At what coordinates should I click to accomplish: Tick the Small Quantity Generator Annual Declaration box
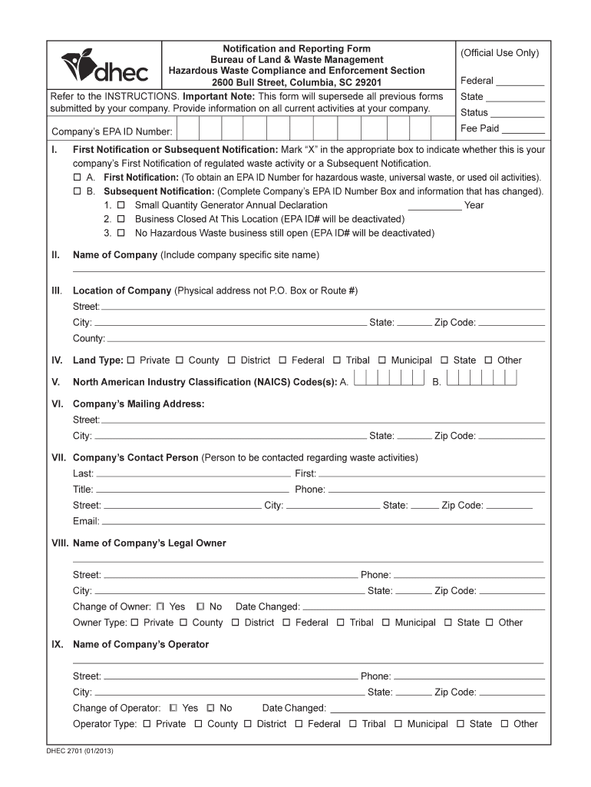(121, 205)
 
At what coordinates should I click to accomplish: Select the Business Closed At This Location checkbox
(121, 219)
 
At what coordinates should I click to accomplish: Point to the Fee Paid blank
(523, 130)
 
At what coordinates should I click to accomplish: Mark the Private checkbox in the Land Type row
(130, 360)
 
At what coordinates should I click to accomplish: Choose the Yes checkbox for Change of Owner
(160, 606)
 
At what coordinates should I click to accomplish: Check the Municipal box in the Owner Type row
(386, 623)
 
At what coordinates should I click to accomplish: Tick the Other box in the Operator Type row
(505, 724)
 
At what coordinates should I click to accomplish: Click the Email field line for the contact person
(322, 523)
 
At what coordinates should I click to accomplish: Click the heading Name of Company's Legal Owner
(149, 543)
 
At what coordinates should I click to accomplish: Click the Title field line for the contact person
(193, 490)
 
